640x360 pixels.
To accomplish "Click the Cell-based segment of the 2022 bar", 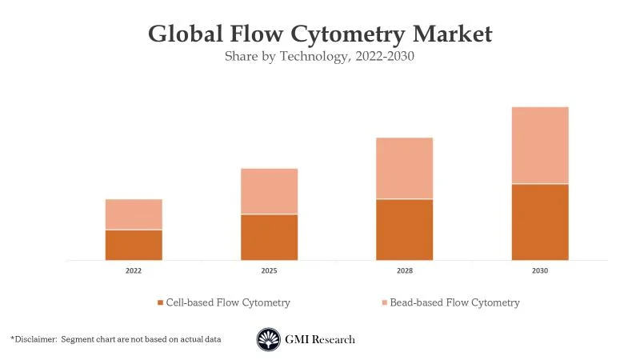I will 134,245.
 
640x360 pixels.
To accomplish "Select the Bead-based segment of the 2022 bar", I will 134,214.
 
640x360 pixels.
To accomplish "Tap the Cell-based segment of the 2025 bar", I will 269,237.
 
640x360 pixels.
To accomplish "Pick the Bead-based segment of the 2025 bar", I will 269,191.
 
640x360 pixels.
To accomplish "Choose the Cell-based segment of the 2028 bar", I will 405,230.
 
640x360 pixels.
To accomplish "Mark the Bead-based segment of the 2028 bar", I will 405,168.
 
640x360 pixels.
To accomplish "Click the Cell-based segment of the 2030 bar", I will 540,222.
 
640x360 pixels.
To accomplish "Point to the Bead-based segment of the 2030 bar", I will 540,145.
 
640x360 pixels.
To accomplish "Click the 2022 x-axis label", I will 134,271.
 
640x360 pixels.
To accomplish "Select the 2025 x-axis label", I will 269,271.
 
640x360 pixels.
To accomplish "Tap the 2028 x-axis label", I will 405,271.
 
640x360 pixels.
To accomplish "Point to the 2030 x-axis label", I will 540,271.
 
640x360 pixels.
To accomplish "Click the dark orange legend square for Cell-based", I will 160,302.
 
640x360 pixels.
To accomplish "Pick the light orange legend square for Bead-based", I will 384,302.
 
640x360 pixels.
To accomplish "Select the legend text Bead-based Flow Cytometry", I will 454,302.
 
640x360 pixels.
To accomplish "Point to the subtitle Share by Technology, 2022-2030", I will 320,57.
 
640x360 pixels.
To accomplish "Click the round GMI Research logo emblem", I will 268,339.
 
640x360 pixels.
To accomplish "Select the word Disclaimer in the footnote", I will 35,339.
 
